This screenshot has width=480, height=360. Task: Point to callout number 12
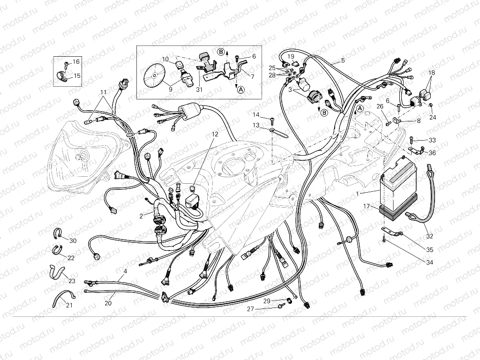(214, 134)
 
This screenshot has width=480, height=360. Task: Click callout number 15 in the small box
(77, 75)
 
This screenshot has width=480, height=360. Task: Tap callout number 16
(76, 62)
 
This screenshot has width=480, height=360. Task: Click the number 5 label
(343, 60)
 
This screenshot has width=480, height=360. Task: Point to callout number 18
(432, 73)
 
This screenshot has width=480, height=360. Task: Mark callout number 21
(69, 306)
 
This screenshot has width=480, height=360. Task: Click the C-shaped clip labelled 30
(57, 233)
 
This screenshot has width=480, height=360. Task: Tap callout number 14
(256, 115)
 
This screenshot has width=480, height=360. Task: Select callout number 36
(432, 153)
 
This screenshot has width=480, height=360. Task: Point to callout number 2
(141, 216)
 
